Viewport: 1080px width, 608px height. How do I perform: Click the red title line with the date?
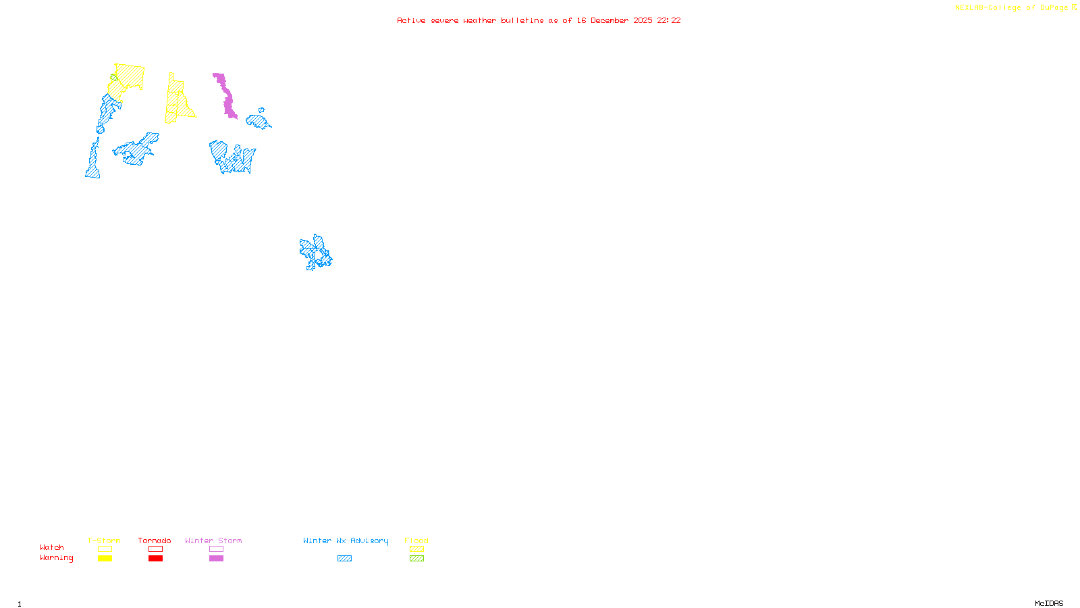[539, 20]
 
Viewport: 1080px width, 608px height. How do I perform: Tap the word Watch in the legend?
[52, 547]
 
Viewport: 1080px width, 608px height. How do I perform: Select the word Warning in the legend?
[57, 558]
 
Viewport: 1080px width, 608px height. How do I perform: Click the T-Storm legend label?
[104, 540]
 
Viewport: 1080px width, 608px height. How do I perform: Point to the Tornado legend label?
[155, 540]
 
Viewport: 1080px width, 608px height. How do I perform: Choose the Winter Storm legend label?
[213, 540]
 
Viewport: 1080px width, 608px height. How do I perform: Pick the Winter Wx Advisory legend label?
[346, 540]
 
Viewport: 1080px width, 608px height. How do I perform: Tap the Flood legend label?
[416, 540]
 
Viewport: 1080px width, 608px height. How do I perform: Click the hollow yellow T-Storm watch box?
[105, 549]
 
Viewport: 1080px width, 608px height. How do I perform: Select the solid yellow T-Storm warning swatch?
[105, 559]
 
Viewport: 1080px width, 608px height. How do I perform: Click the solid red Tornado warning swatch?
[155, 559]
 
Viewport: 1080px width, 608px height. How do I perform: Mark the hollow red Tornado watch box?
[155, 549]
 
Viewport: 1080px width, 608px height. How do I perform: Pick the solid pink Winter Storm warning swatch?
[216, 559]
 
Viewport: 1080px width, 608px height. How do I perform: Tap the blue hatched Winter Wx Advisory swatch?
[344, 559]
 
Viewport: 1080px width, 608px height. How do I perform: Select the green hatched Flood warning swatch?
[416, 559]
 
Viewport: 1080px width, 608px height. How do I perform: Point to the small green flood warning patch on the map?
[113, 76]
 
